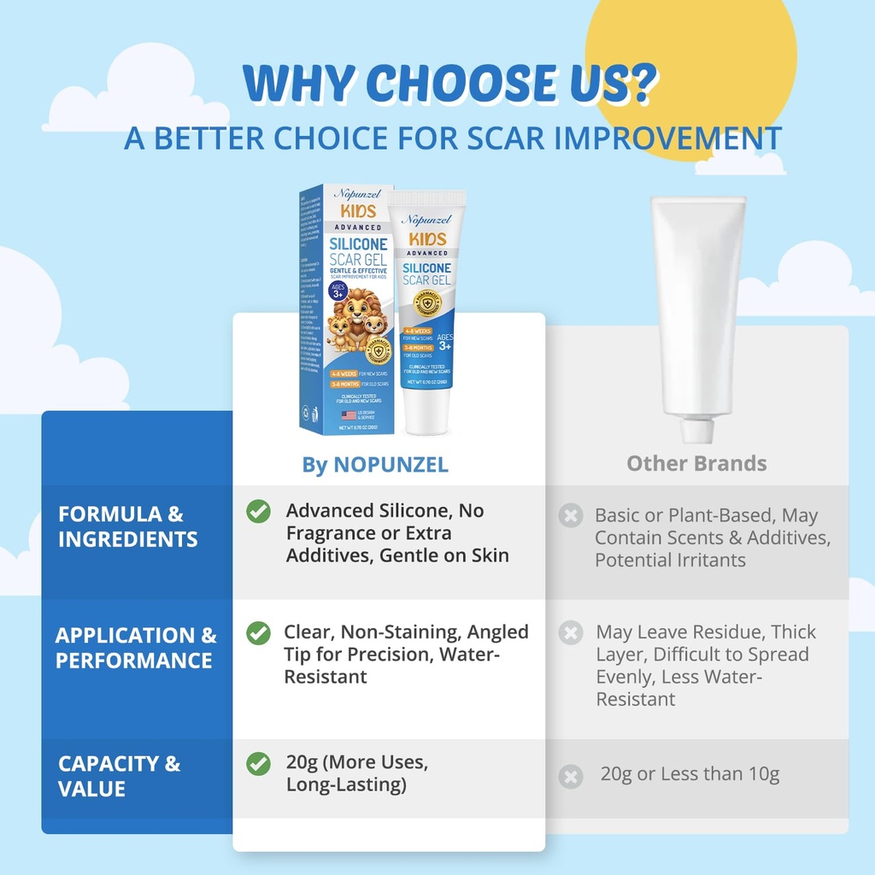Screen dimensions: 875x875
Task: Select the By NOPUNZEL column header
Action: click(x=375, y=464)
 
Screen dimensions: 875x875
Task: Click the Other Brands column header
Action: click(x=696, y=463)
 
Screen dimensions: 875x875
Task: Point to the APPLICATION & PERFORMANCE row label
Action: click(x=136, y=648)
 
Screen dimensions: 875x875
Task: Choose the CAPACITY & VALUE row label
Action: click(x=119, y=776)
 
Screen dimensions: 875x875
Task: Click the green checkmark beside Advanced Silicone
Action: click(x=258, y=511)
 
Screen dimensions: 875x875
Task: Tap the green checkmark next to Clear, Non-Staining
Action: click(x=258, y=633)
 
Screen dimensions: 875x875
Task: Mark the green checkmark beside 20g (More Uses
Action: click(x=258, y=763)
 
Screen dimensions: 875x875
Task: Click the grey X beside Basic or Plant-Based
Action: click(x=570, y=516)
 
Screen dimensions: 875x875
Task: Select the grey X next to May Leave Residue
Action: click(x=570, y=633)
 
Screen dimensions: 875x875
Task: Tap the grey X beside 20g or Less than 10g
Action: click(x=570, y=777)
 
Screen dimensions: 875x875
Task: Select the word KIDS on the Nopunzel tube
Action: click(x=426, y=238)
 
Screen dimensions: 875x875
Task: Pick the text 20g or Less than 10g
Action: click(x=690, y=774)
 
